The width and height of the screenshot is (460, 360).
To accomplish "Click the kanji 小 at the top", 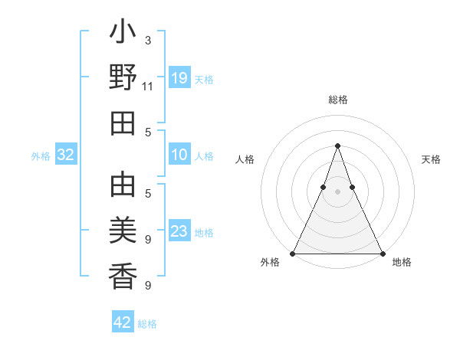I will (123, 34).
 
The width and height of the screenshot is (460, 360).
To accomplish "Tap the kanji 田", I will (123, 123).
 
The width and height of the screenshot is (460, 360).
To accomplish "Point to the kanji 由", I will (123, 185).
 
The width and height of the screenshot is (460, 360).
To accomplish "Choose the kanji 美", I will (123, 231).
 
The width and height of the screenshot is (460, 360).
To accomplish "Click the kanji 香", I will (123, 274).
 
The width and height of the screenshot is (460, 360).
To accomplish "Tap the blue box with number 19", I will (179, 78).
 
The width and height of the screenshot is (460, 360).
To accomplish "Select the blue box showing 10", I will (179, 155).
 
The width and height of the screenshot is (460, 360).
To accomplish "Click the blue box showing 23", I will (179, 231).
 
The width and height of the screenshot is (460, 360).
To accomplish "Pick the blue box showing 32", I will (66, 155).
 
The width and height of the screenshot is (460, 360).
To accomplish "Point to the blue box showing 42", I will (123, 322).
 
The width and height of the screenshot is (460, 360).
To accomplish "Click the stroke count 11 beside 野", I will (148, 86).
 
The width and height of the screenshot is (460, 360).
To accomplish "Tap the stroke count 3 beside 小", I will (148, 40).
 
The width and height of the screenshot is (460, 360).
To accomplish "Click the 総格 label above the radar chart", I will (338, 100).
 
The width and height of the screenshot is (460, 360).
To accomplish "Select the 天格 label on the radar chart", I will (431, 159).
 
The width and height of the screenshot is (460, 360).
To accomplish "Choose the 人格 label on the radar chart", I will (245, 159).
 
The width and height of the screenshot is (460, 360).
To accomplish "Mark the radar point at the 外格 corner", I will (293, 253).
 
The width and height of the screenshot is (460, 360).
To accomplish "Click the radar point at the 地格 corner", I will (383, 253).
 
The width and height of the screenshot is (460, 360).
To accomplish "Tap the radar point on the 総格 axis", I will (338, 146).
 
